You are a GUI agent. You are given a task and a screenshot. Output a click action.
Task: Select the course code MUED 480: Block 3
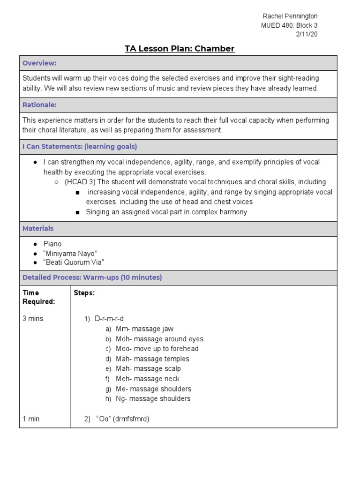(289, 25)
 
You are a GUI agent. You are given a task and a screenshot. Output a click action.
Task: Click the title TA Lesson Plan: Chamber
(180, 49)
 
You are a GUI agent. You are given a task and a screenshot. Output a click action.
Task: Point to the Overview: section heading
(39, 63)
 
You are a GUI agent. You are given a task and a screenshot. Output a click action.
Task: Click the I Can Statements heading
(80, 147)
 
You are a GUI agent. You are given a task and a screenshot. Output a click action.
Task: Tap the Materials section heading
(38, 228)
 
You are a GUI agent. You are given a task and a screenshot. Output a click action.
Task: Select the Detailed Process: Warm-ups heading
(92, 277)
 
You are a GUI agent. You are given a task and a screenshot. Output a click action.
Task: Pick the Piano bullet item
(52, 244)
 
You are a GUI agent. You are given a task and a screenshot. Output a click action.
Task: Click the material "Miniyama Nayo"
(70, 253)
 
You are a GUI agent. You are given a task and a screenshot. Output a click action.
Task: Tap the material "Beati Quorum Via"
(74, 262)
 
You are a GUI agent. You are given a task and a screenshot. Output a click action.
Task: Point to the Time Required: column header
(39, 297)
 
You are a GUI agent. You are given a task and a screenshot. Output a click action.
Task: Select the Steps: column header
(84, 293)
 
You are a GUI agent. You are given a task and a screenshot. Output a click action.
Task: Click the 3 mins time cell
(33, 319)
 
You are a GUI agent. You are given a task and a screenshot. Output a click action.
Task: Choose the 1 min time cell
(31, 419)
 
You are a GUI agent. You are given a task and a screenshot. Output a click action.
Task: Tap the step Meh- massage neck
(148, 379)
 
